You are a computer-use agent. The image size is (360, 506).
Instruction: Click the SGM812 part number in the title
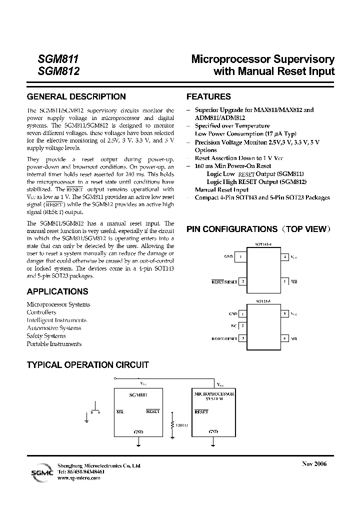[58, 71]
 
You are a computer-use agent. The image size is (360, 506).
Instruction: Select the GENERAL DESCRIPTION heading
[76, 96]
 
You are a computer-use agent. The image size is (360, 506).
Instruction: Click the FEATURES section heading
[208, 96]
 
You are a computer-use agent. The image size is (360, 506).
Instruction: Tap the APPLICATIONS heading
[57, 291]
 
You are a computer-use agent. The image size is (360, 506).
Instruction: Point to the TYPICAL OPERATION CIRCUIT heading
[87, 365]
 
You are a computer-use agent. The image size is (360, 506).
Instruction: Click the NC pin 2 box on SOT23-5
[242, 326]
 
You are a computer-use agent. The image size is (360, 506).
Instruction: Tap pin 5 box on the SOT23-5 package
[284, 314]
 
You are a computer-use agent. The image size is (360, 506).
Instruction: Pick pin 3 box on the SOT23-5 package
[242, 338]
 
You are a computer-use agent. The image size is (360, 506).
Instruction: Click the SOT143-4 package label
[263, 245]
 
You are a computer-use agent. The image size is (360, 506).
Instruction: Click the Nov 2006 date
[314, 464]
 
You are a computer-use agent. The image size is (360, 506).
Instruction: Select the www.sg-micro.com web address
[79, 478]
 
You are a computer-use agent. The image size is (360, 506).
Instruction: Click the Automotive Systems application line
[54, 328]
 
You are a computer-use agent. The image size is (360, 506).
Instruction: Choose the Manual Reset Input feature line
[221, 190]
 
